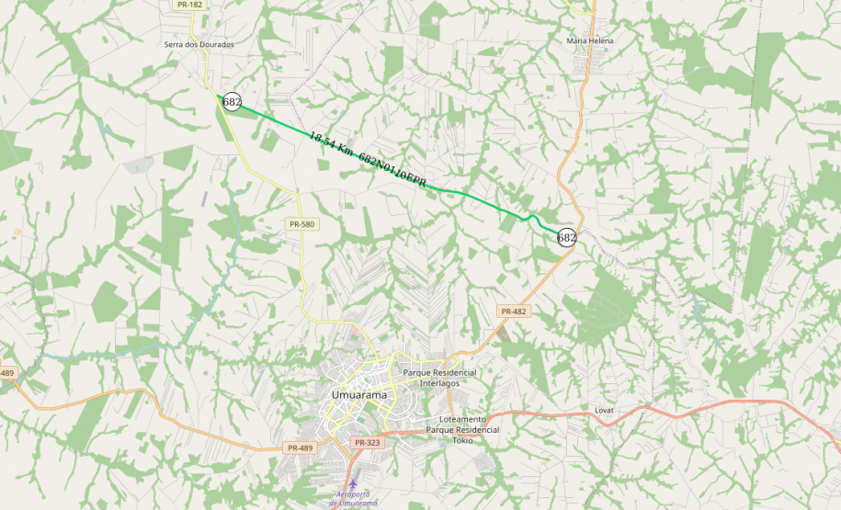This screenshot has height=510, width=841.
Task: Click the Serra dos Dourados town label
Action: click(199, 44)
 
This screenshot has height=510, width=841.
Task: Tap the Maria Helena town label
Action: click(589, 41)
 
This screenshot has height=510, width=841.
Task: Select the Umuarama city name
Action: click(358, 394)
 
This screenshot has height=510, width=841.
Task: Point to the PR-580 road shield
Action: click(301, 224)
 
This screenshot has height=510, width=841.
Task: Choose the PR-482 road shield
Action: click(514, 312)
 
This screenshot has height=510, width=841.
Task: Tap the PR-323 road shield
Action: click(367, 443)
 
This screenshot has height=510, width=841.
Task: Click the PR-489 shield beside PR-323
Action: click(300, 448)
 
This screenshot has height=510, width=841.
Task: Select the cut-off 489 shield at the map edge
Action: click(7, 372)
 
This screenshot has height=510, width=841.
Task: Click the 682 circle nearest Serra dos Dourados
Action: click(232, 102)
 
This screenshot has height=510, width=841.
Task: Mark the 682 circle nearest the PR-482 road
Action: click(567, 237)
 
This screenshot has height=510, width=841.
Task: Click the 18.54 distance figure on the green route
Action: click(322, 141)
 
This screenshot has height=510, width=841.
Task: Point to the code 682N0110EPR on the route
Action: click(392, 171)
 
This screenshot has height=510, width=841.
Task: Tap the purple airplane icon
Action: click(353, 483)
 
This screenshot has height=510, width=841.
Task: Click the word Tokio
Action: click(463, 440)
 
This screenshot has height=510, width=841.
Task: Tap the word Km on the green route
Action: click(345, 150)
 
